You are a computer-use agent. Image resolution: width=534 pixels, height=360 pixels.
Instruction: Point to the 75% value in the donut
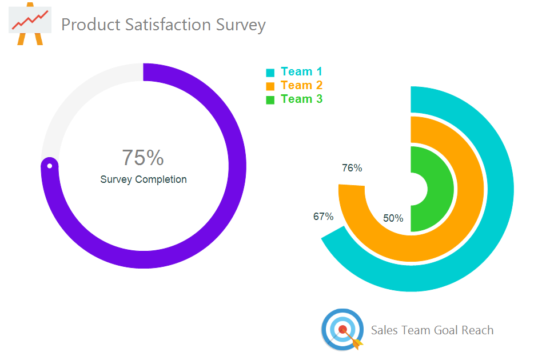pyautogui.click(x=143, y=157)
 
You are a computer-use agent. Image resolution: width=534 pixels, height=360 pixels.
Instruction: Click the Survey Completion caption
pyautogui.click(x=144, y=179)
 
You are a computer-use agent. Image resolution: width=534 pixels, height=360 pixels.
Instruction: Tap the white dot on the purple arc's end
pyautogui.click(x=50, y=166)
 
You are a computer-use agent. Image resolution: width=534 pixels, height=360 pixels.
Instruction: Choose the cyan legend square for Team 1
pyautogui.click(x=270, y=73)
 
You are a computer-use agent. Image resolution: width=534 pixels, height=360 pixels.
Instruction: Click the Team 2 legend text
pyautogui.click(x=302, y=85)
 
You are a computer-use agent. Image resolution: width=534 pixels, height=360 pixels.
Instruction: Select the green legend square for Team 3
pyautogui.click(x=270, y=100)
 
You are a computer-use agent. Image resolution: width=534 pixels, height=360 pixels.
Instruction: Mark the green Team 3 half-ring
pyautogui.click(x=440, y=189)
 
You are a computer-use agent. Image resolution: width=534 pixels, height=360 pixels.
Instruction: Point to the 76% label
pyautogui.click(x=352, y=168)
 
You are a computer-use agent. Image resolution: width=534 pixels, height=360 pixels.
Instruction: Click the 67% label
pyautogui.click(x=323, y=217)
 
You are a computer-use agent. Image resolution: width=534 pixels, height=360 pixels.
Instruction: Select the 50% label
pyautogui.click(x=393, y=218)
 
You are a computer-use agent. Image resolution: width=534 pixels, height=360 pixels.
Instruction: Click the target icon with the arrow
pyautogui.click(x=342, y=329)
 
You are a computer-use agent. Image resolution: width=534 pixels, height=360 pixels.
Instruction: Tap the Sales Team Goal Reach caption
pyautogui.click(x=432, y=330)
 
